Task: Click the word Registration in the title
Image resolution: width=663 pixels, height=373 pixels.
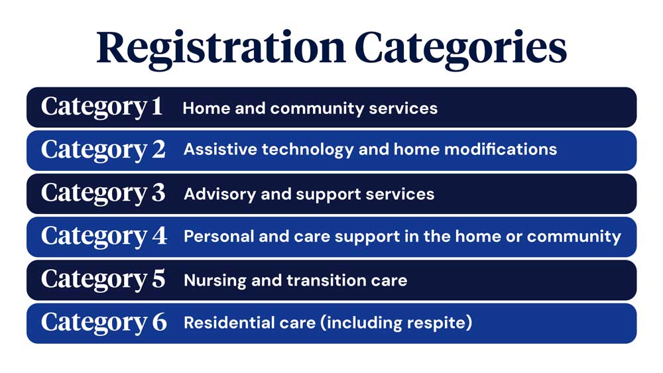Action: pos(221,49)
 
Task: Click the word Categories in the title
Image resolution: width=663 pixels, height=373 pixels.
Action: pos(461,49)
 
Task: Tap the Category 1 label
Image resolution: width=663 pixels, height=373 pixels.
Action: pos(102,107)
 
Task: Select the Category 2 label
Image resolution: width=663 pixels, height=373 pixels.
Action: pos(103,150)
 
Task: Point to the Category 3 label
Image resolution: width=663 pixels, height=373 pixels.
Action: pos(103,193)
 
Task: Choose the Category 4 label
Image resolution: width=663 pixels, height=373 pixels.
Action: pos(104,237)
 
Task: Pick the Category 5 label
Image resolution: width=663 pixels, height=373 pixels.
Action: pos(103,280)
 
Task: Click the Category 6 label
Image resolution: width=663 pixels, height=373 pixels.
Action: pos(104,323)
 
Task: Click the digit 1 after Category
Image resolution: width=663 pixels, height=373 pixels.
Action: pos(157,105)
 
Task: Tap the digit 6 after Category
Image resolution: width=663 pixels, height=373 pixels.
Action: pos(159,322)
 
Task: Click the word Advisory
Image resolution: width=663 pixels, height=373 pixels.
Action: pos(220,194)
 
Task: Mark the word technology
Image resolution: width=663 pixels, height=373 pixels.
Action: pos(308,150)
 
